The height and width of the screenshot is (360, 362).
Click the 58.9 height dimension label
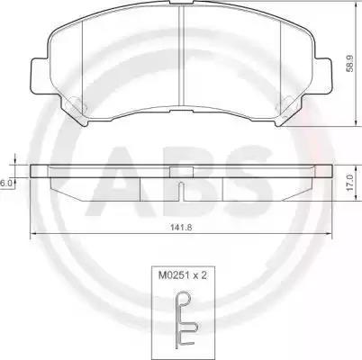click(x=350, y=63)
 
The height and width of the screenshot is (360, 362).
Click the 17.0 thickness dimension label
click(x=350, y=184)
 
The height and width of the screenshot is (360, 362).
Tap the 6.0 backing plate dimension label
click(x=5, y=184)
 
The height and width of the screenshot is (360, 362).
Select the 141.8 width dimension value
click(x=181, y=228)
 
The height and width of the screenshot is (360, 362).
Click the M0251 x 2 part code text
click(x=183, y=275)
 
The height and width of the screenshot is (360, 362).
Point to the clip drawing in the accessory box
click(x=186, y=319)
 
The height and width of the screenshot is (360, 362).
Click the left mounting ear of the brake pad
click(x=40, y=76)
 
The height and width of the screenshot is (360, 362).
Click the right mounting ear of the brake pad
click(x=322, y=76)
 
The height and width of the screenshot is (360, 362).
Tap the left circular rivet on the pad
click(x=75, y=104)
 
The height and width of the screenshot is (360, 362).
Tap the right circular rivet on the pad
click(x=286, y=104)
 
